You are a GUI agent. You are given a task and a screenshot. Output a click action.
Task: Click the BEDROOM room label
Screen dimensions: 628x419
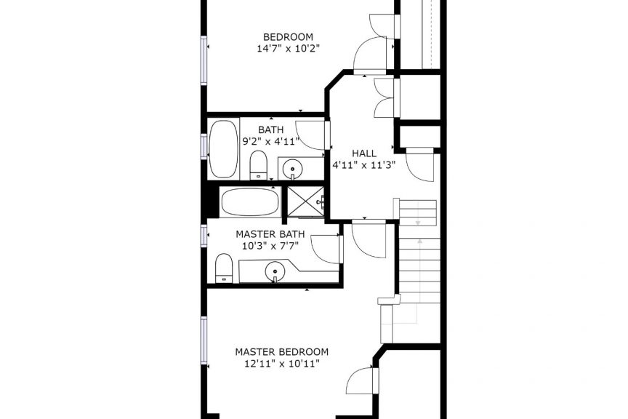click(288, 37)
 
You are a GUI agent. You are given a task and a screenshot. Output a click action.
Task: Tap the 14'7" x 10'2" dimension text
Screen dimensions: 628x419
click(288, 49)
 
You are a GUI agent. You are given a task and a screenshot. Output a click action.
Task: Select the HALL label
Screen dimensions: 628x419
click(364, 153)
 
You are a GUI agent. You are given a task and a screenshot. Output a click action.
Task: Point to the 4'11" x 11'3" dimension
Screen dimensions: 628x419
click(364, 165)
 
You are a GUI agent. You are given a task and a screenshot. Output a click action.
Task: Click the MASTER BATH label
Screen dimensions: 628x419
click(270, 234)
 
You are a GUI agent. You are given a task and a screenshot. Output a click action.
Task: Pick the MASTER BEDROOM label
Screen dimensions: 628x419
click(281, 352)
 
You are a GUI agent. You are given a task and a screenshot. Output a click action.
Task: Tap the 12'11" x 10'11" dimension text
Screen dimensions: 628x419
click(281, 364)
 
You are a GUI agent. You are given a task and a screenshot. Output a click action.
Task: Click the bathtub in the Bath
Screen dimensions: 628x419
click(223, 148)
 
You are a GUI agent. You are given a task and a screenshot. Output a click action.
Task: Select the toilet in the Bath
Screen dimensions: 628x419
click(258, 165)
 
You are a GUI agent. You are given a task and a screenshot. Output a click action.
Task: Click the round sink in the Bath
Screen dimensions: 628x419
click(293, 169)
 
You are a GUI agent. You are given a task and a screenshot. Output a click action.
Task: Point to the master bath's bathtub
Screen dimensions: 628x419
click(250, 201)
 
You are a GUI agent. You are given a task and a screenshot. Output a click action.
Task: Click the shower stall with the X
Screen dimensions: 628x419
click(306, 201)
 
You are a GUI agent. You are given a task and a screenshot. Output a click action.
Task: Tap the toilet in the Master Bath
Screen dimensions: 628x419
click(224, 268)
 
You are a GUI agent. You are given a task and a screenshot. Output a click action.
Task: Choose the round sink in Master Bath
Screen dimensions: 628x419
click(275, 272)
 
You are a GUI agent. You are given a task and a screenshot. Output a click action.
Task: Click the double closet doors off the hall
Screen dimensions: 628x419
click(386, 98)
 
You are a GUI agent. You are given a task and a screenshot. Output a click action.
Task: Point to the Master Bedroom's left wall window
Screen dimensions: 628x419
click(204, 340)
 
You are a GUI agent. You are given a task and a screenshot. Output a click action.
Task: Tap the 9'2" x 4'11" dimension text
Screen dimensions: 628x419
click(271, 141)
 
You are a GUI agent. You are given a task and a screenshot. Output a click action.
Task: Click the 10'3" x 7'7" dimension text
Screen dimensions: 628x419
click(270, 245)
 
